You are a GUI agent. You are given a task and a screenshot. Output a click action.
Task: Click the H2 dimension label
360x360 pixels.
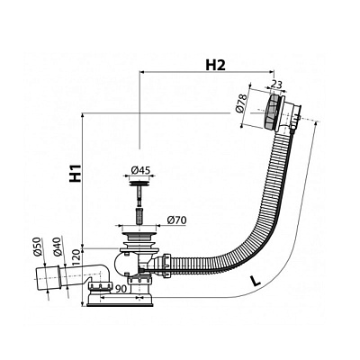[215, 65]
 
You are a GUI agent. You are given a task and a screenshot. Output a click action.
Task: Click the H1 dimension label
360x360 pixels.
[76, 173]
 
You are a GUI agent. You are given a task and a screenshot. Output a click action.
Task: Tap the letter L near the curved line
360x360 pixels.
[255, 281]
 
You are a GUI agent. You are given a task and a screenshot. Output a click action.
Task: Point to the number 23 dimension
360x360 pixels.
[276, 85]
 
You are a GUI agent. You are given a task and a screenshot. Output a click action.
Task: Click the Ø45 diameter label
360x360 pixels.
[140, 170]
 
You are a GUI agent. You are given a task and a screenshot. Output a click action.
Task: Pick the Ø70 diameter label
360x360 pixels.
[176, 220]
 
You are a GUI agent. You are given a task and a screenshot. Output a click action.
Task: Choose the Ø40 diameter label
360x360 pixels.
[58, 246]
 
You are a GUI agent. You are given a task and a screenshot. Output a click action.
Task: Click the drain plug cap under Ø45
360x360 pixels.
[139, 182]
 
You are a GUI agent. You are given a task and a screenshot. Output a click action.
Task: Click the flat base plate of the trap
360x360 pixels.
[121, 303]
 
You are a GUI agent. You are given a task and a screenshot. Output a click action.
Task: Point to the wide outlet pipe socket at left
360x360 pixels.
[48, 278]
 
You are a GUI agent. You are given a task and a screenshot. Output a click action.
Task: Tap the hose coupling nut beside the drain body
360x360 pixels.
[166, 264]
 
